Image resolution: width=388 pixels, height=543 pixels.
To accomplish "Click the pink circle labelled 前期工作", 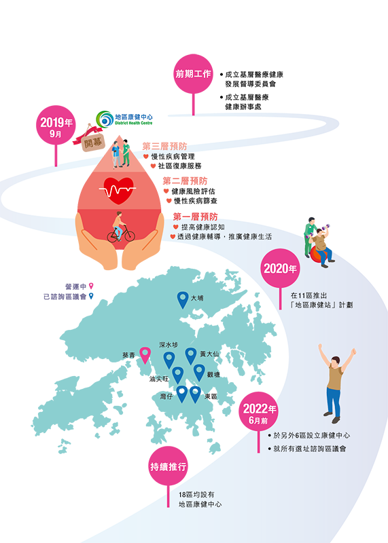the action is (193, 74).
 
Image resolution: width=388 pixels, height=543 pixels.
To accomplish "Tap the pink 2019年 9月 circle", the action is (56, 125).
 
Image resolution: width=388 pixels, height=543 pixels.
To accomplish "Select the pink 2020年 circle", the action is (280, 268).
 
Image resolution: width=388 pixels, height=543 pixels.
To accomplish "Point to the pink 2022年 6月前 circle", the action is (259, 411).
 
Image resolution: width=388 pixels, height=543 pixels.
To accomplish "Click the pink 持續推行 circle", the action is (168, 466).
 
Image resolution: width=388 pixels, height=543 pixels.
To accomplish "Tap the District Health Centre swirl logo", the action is (105, 119).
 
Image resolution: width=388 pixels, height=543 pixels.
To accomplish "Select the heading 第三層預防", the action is (164, 146).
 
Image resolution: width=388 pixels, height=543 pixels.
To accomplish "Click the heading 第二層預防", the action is (185, 181).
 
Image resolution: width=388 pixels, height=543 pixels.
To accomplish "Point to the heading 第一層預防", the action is (195, 217).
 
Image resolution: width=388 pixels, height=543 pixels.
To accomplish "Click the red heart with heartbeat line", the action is (118, 191).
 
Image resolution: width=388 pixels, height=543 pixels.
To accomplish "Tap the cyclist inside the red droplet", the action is (120, 227).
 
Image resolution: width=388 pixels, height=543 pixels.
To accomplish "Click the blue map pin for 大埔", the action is (183, 299).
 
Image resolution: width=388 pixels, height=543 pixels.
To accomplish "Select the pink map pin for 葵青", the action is (145, 355).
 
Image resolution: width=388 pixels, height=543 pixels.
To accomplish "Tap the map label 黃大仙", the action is (209, 354).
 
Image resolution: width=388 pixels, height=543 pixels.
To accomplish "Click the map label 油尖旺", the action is (159, 379).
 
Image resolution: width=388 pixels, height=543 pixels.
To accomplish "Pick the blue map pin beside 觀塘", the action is (199, 373).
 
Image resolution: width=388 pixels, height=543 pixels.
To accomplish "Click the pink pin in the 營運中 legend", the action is (91, 286).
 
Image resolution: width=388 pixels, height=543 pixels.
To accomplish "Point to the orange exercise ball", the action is (317, 255).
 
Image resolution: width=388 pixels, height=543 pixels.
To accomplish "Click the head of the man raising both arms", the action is (335, 362).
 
